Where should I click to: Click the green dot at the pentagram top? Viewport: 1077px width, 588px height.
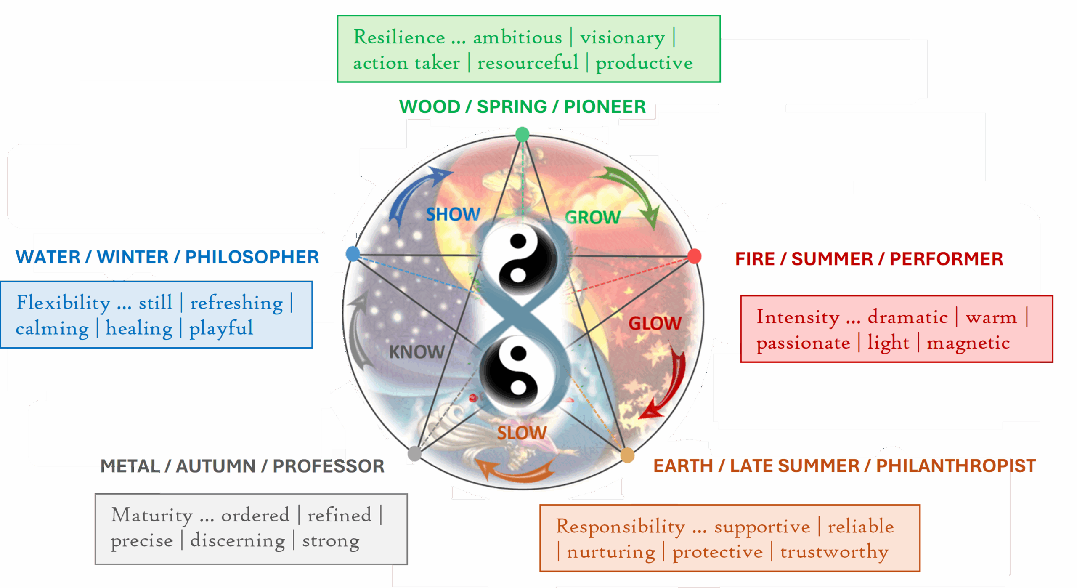coord(522,135)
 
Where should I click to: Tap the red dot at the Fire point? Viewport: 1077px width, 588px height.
coord(694,256)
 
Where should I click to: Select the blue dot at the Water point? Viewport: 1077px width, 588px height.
coord(353,254)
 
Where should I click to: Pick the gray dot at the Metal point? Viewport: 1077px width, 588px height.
coord(415,454)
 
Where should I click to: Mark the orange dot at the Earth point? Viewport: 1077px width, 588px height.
coord(627,455)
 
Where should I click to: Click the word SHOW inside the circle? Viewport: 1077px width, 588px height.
coord(453,214)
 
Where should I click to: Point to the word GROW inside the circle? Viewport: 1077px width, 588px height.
coord(592,218)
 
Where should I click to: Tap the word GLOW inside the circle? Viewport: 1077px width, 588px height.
coord(655,323)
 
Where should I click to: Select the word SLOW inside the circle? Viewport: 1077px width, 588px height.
coord(522,433)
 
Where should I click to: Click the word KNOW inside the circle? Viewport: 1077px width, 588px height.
coord(416,352)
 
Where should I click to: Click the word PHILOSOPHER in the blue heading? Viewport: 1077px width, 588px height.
coord(252,257)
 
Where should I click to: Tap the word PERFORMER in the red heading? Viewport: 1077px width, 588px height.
coord(946,259)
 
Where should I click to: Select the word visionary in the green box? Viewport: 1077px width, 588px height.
coord(622,37)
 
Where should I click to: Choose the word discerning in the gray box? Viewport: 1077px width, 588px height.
coord(238,540)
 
